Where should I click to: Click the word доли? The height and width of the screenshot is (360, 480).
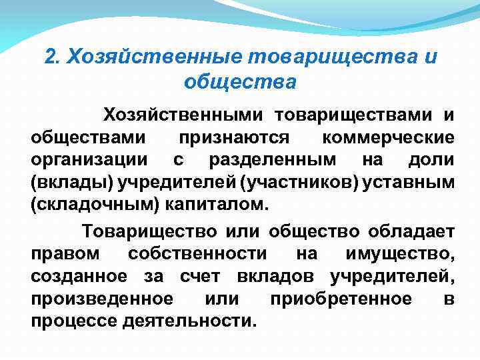433,160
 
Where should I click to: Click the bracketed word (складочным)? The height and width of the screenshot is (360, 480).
92,204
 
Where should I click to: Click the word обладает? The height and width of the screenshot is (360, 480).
410,231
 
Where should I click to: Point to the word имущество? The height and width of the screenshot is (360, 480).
401,253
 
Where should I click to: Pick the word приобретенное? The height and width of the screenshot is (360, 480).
341,298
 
